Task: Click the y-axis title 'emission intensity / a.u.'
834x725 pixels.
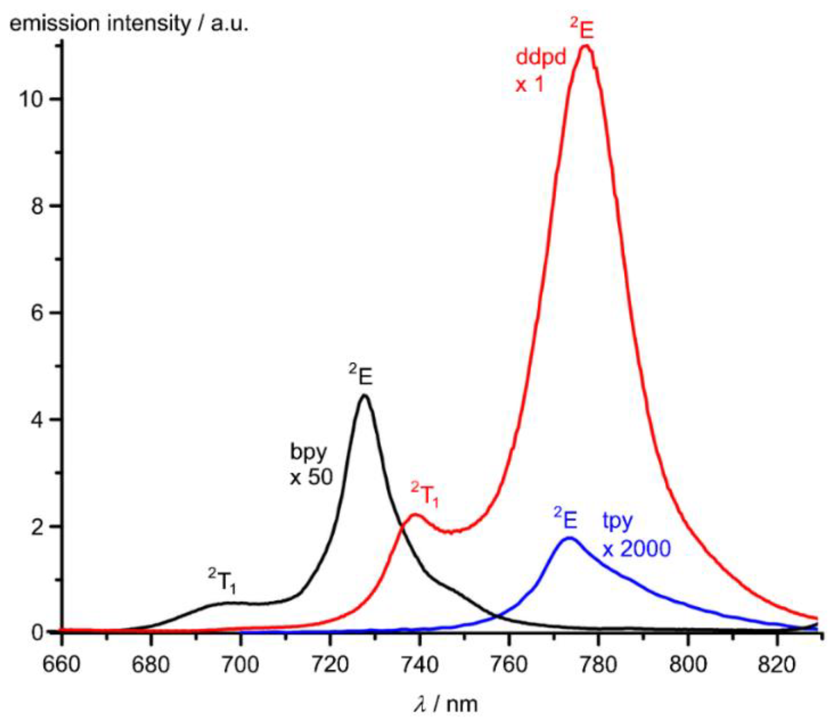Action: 129,23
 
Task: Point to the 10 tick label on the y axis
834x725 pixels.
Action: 31,99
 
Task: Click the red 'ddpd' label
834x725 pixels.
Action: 540,57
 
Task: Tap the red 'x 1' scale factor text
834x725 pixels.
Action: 529,85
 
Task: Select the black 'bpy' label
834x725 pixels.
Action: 308,452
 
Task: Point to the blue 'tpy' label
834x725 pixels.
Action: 617,521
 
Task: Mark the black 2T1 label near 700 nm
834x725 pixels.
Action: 222,580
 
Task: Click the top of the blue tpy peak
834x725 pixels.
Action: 569,538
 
